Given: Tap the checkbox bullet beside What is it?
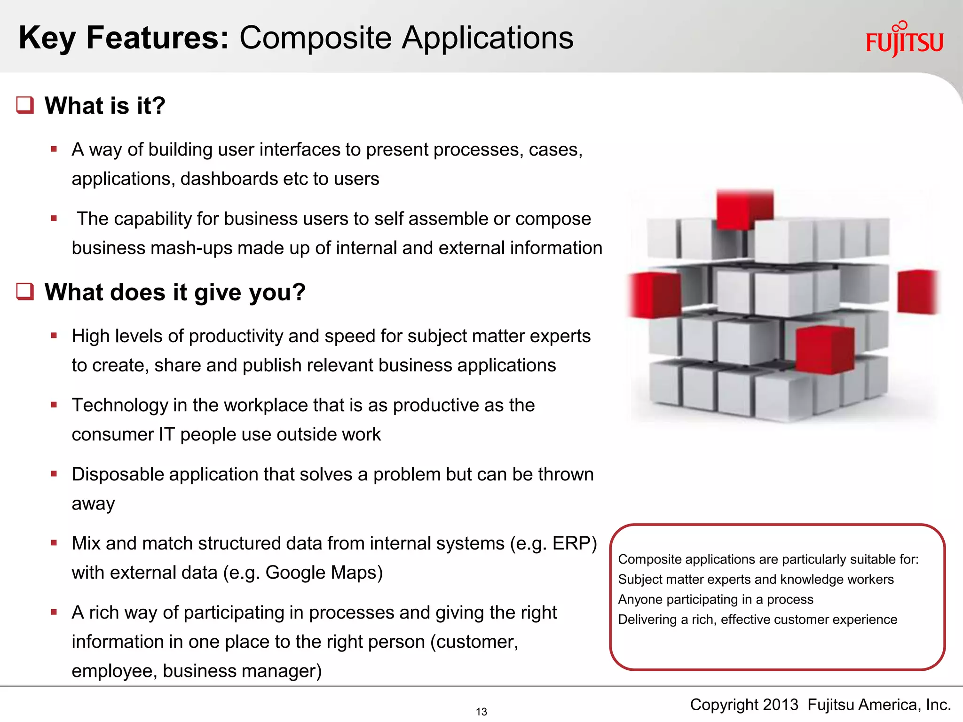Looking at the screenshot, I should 25,105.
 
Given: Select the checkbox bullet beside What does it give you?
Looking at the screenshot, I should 25,291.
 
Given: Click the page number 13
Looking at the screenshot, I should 481,712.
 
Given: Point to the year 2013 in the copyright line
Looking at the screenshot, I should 780,705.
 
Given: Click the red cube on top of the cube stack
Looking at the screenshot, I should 744,209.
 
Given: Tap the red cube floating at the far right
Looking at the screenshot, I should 917,291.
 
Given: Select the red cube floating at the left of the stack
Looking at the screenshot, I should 655,295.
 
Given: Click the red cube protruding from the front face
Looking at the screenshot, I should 825,350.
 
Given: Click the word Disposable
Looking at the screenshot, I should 118,474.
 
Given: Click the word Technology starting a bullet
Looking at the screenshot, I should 119,405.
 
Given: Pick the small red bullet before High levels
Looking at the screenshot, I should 54,336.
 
